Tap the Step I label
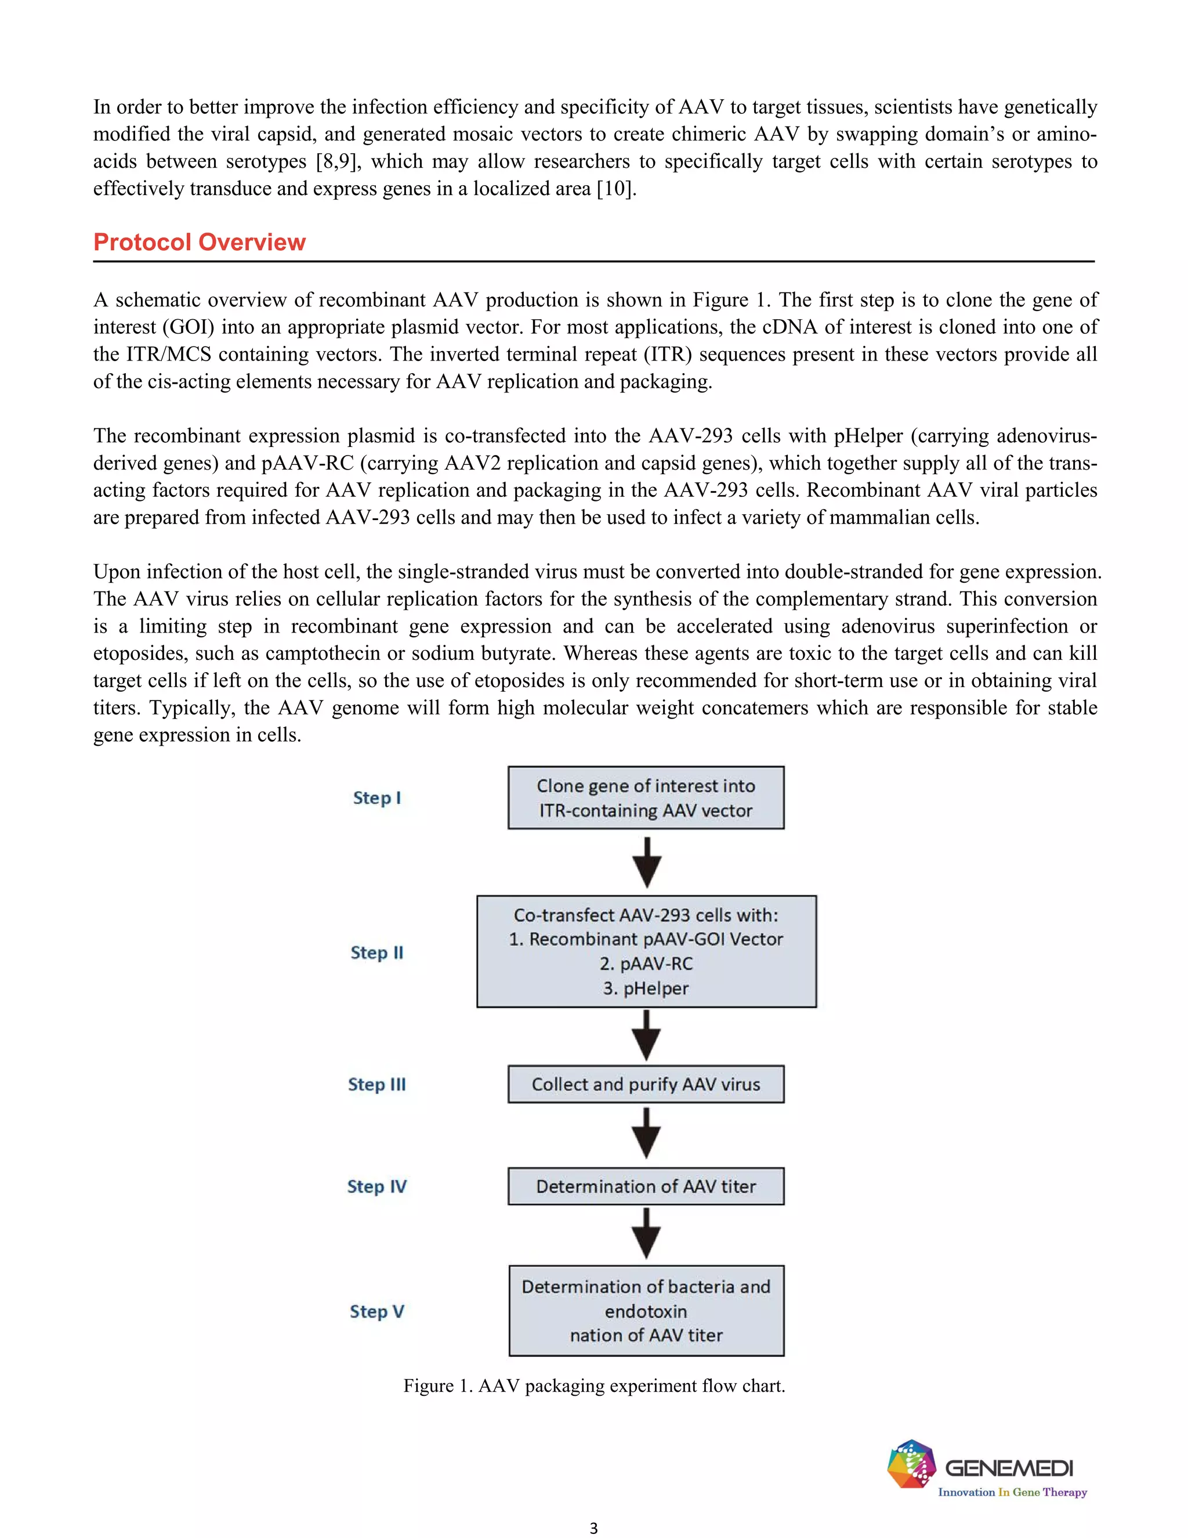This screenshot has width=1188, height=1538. click(x=376, y=798)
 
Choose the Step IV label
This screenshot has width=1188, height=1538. click(x=376, y=1187)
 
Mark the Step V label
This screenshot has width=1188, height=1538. click(x=376, y=1311)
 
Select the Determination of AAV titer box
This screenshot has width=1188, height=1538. click(x=646, y=1187)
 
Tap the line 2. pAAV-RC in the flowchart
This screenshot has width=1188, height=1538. click(x=646, y=963)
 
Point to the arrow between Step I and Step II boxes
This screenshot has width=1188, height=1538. click(x=646, y=862)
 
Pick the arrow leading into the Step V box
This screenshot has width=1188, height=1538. click(x=646, y=1234)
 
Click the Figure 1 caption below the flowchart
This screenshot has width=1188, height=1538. click(x=593, y=1386)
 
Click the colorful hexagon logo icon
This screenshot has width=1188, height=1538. click(x=911, y=1464)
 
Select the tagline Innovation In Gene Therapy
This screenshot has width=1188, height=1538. click(x=1012, y=1492)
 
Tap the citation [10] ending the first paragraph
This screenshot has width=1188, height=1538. click(x=614, y=189)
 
